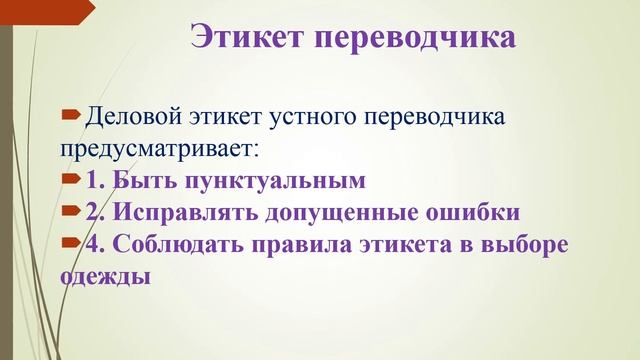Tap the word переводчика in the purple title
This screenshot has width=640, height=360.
point(416,38)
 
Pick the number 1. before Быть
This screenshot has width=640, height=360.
point(96,181)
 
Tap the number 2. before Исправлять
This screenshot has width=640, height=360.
point(97,212)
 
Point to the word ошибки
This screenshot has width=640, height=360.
point(476,212)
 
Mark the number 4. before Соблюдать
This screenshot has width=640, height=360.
point(97,243)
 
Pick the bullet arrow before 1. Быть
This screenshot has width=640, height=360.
point(71,180)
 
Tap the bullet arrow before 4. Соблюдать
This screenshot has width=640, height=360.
point(71,242)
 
